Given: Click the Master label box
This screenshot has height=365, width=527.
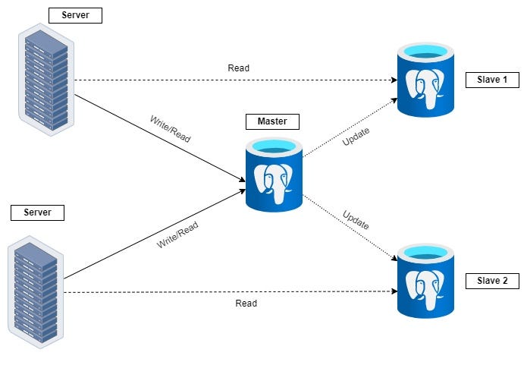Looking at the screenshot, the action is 272,121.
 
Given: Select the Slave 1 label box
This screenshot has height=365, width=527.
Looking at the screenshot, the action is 492,80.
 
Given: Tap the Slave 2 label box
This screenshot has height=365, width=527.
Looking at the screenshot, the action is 492,281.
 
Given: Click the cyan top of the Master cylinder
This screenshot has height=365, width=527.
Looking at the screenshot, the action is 274,146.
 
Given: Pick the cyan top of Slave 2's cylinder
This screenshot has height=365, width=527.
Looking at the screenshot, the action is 425,252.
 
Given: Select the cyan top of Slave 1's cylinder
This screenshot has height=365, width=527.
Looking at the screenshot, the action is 425,51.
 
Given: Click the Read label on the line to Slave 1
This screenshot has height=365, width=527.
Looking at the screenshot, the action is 239,68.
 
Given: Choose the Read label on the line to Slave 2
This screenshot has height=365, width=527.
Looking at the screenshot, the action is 246,303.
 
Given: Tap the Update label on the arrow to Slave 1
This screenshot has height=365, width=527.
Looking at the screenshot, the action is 356,137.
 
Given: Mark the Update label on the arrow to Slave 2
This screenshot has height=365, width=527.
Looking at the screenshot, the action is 356,219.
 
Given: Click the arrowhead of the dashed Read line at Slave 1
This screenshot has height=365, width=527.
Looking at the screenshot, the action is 394,80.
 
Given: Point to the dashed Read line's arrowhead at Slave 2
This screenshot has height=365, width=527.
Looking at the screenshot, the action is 394,291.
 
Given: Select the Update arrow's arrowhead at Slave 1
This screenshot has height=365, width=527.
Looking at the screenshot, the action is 394,100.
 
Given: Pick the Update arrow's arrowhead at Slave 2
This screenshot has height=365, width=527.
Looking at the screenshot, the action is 394,258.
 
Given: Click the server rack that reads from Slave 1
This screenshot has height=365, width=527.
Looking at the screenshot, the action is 46,80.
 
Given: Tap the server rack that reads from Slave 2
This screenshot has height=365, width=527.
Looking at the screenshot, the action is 36,292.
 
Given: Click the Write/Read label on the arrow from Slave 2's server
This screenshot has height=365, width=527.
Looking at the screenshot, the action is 177,234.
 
